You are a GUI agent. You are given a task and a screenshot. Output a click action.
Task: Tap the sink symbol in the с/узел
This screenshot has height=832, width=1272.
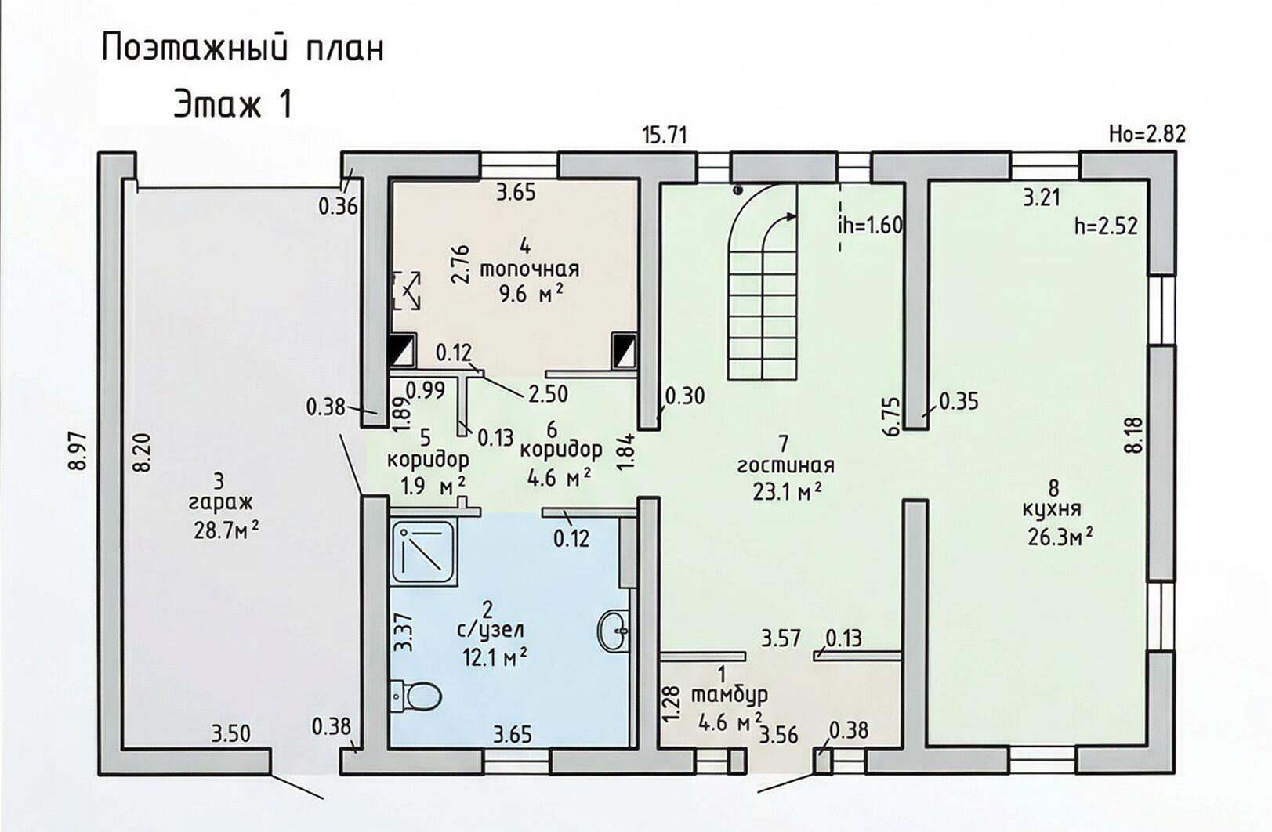614,630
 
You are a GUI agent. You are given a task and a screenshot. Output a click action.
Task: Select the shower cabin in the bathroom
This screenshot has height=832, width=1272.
424,552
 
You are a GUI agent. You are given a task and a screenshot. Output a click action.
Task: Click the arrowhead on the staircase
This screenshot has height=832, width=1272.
790,216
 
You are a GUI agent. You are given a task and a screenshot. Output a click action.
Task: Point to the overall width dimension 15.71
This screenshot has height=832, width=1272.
665,136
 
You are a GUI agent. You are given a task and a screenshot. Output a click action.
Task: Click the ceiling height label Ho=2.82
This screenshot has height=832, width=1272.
1147,134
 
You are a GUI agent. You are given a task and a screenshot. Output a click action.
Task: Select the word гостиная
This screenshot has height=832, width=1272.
786,466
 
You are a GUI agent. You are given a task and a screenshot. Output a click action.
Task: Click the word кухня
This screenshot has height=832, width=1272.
1052,510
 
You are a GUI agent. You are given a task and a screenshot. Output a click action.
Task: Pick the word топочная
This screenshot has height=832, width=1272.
529,269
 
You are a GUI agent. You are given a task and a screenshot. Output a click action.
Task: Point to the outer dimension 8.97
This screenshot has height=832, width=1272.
79,450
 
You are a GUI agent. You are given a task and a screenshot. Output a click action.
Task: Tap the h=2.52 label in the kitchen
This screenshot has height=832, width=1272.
1106,226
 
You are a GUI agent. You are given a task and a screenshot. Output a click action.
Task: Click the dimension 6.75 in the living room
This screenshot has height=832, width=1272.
891,417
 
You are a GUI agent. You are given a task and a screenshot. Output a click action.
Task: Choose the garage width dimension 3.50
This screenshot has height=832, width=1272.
230,734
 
